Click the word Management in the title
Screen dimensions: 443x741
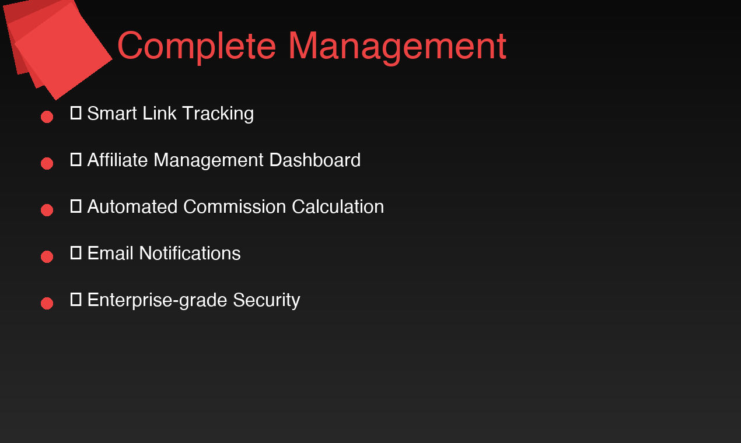pos(397,46)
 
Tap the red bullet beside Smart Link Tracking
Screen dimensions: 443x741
pos(47,117)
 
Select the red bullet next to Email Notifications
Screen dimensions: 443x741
pos(47,256)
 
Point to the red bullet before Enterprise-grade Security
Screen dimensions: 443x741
pos(47,303)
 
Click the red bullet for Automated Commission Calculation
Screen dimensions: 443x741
pos(47,210)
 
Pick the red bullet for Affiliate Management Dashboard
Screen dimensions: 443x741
pos(47,163)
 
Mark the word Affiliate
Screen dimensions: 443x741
pos(118,160)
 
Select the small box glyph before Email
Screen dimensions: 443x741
pos(76,252)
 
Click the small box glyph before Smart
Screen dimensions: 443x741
pos(76,112)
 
